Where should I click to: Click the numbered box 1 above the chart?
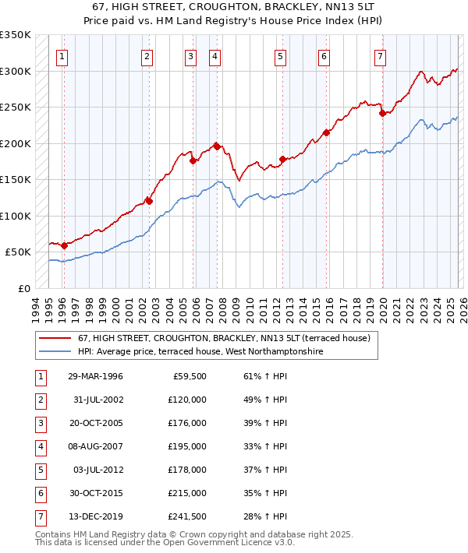(62, 56)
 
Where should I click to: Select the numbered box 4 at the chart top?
(214, 56)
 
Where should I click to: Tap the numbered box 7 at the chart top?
(379, 56)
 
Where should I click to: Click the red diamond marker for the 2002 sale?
(149, 201)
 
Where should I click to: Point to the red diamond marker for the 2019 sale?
(382, 113)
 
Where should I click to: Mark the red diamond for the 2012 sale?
(282, 159)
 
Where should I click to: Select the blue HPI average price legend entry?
(200, 351)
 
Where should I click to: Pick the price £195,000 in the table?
(186, 446)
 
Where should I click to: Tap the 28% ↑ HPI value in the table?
(264, 516)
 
